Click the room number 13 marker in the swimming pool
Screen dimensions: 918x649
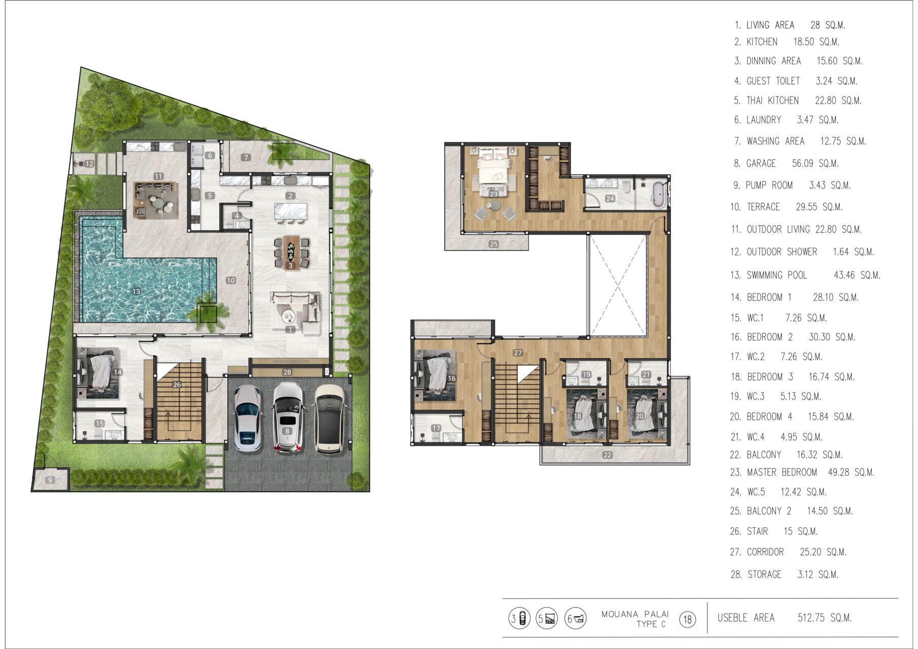(136, 292)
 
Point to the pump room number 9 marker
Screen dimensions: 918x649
(50, 480)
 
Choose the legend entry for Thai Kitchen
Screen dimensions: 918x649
(797, 100)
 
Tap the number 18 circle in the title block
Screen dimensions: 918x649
(688, 619)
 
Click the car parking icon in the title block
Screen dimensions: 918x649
(519, 619)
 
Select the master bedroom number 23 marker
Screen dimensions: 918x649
(493, 194)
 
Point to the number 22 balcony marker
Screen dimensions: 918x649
(607, 455)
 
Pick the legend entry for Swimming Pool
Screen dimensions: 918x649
(805, 275)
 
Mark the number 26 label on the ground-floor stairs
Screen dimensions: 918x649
(177, 385)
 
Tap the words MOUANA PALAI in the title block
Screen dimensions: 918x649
(635, 614)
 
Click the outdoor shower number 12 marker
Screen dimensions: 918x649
(89, 164)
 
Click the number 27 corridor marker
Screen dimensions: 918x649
(517, 353)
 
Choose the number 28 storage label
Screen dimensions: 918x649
(287, 372)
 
